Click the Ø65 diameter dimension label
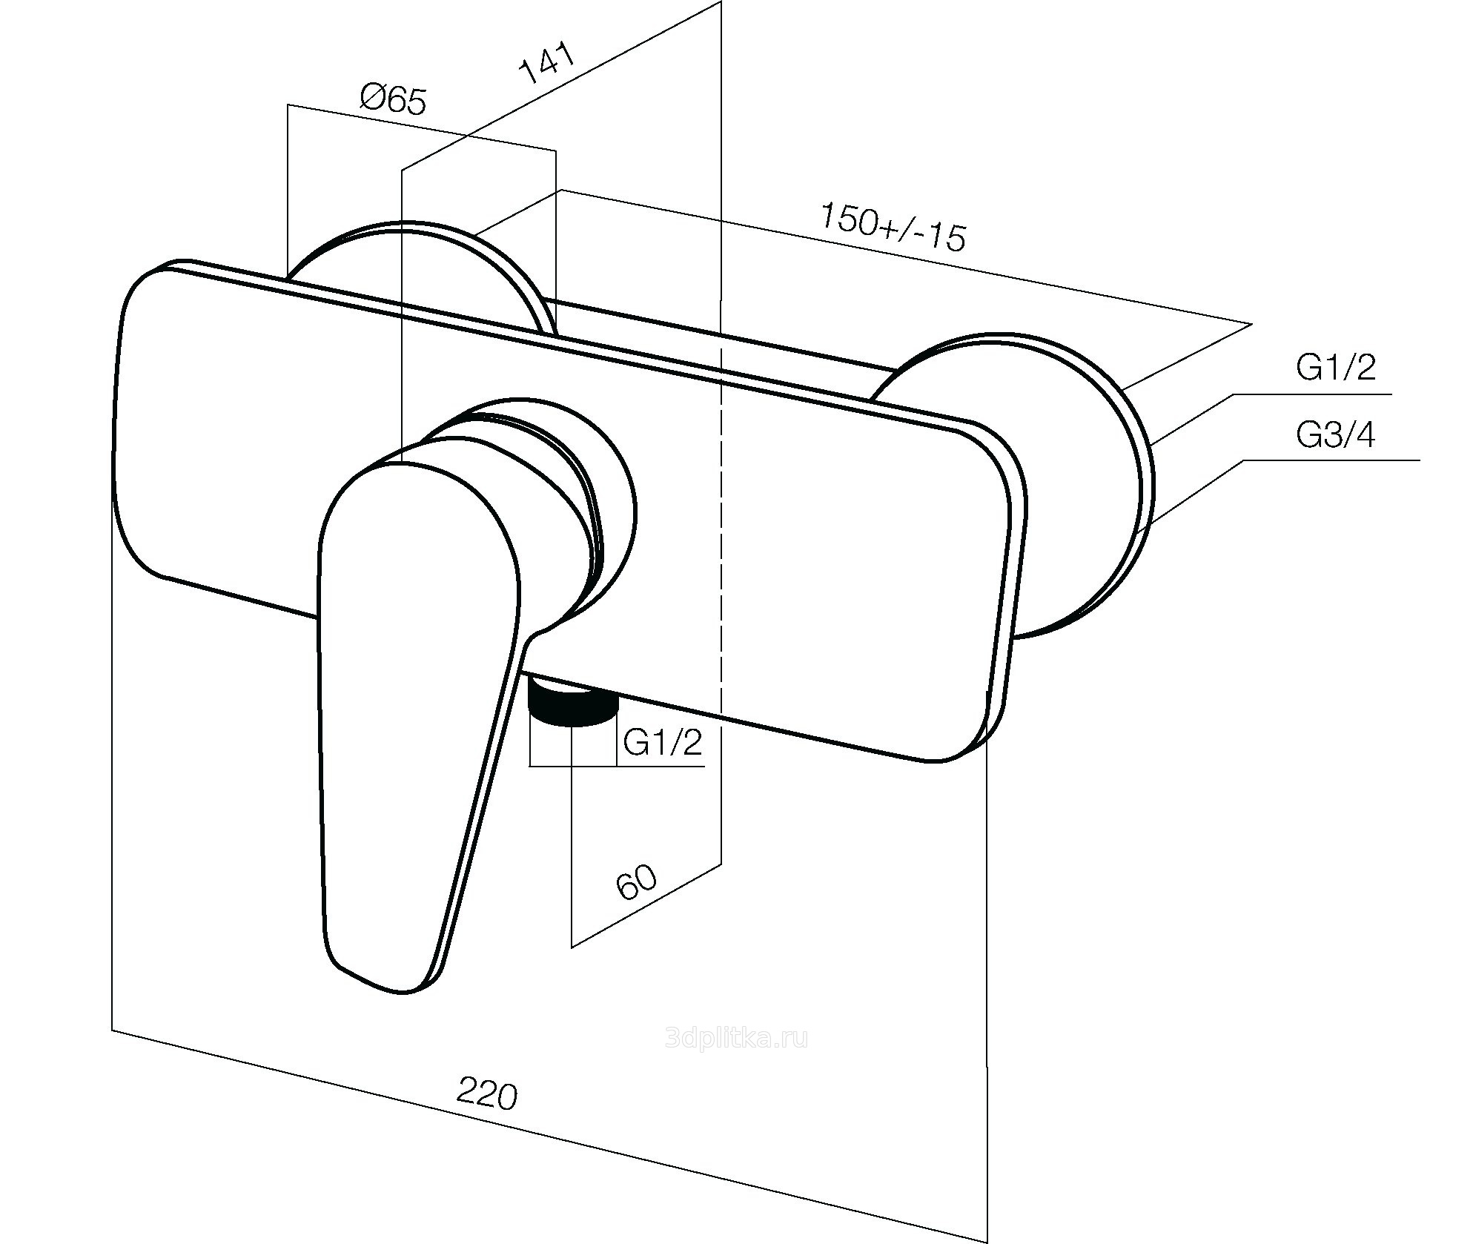(394, 99)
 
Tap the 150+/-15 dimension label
(893, 226)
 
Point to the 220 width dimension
(486, 1094)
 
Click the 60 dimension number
(636, 881)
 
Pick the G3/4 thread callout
(1335, 434)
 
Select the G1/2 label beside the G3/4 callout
(1335, 367)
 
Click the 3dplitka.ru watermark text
(736, 1038)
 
